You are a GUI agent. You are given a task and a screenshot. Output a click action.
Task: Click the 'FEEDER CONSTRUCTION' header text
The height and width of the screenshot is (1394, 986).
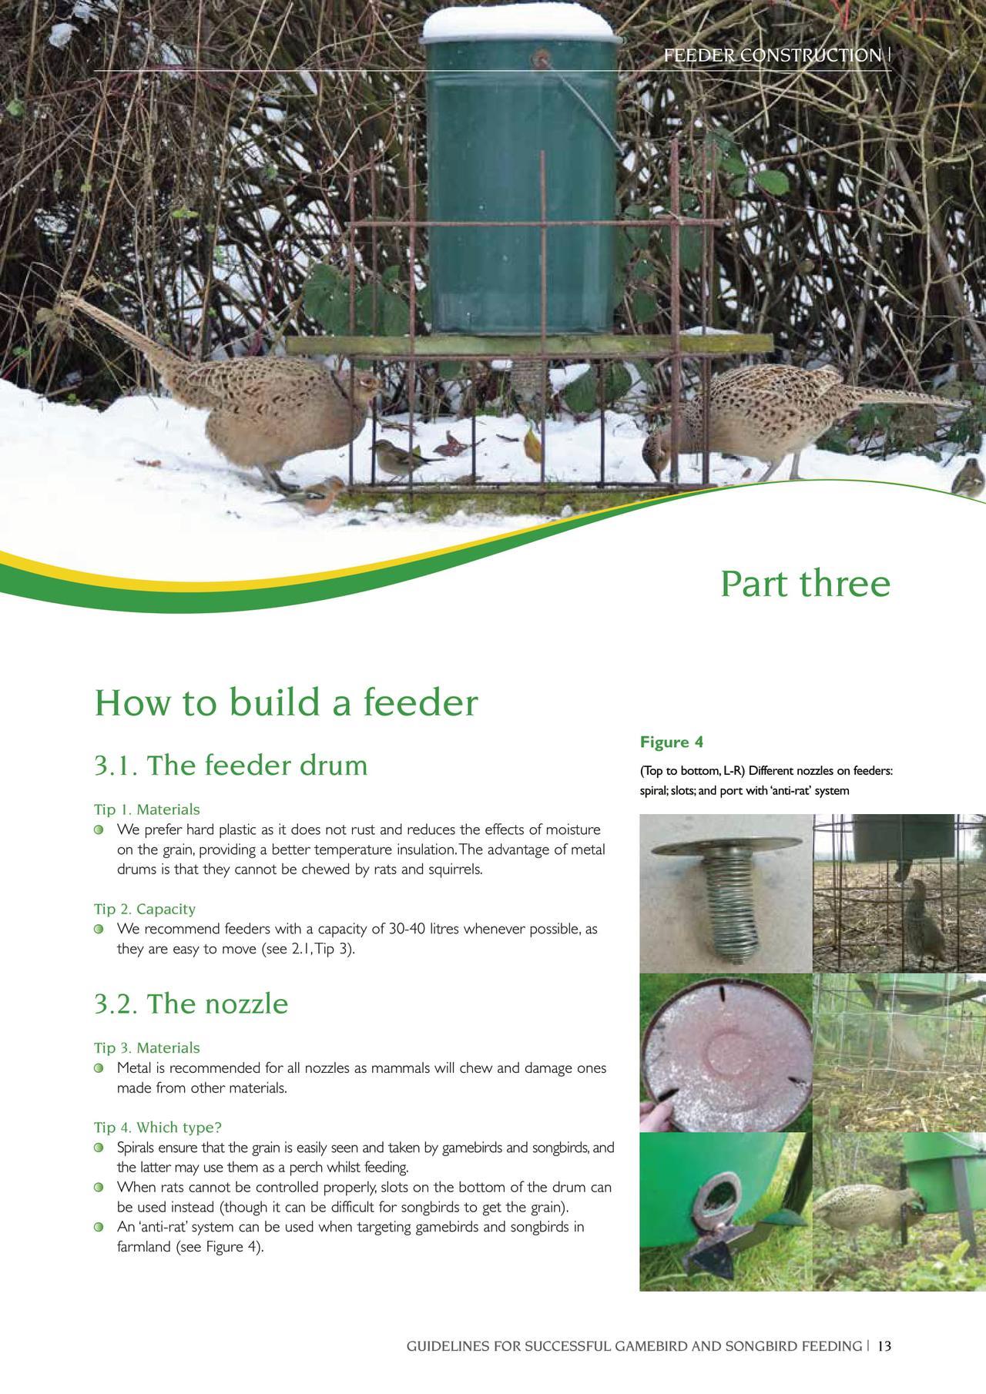[x=773, y=55]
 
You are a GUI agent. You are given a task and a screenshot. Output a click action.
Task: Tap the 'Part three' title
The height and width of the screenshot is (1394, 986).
[x=805, y=584]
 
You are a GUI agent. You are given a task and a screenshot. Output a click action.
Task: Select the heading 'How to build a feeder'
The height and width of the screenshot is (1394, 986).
[x=286, y=702]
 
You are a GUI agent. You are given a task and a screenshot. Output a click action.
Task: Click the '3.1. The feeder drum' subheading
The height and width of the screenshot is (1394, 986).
[x=231, y=766]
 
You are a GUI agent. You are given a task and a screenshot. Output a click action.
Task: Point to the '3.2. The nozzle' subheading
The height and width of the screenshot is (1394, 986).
[x=191, y=1004]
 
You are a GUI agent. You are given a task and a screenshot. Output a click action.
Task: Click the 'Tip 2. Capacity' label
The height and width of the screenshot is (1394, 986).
[x=145, y=910]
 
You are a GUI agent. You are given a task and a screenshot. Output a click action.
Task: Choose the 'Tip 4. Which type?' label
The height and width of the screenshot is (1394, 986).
[x=158, y=1128]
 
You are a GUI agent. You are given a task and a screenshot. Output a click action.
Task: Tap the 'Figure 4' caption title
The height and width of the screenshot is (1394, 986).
[x=672, y=742]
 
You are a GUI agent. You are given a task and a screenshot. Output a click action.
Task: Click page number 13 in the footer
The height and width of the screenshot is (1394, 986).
[x=884, y=1346]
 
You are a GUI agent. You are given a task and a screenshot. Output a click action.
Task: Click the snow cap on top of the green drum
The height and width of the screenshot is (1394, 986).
[x=518, y=23]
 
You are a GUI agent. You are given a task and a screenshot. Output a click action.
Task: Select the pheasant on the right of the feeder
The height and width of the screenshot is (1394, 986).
[x=801, y=416]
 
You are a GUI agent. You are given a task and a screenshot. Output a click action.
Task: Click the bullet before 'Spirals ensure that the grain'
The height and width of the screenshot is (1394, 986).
[x=99, y=1148]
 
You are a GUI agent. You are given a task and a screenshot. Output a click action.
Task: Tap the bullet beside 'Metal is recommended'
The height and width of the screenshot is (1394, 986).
[x=99, y=1069]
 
